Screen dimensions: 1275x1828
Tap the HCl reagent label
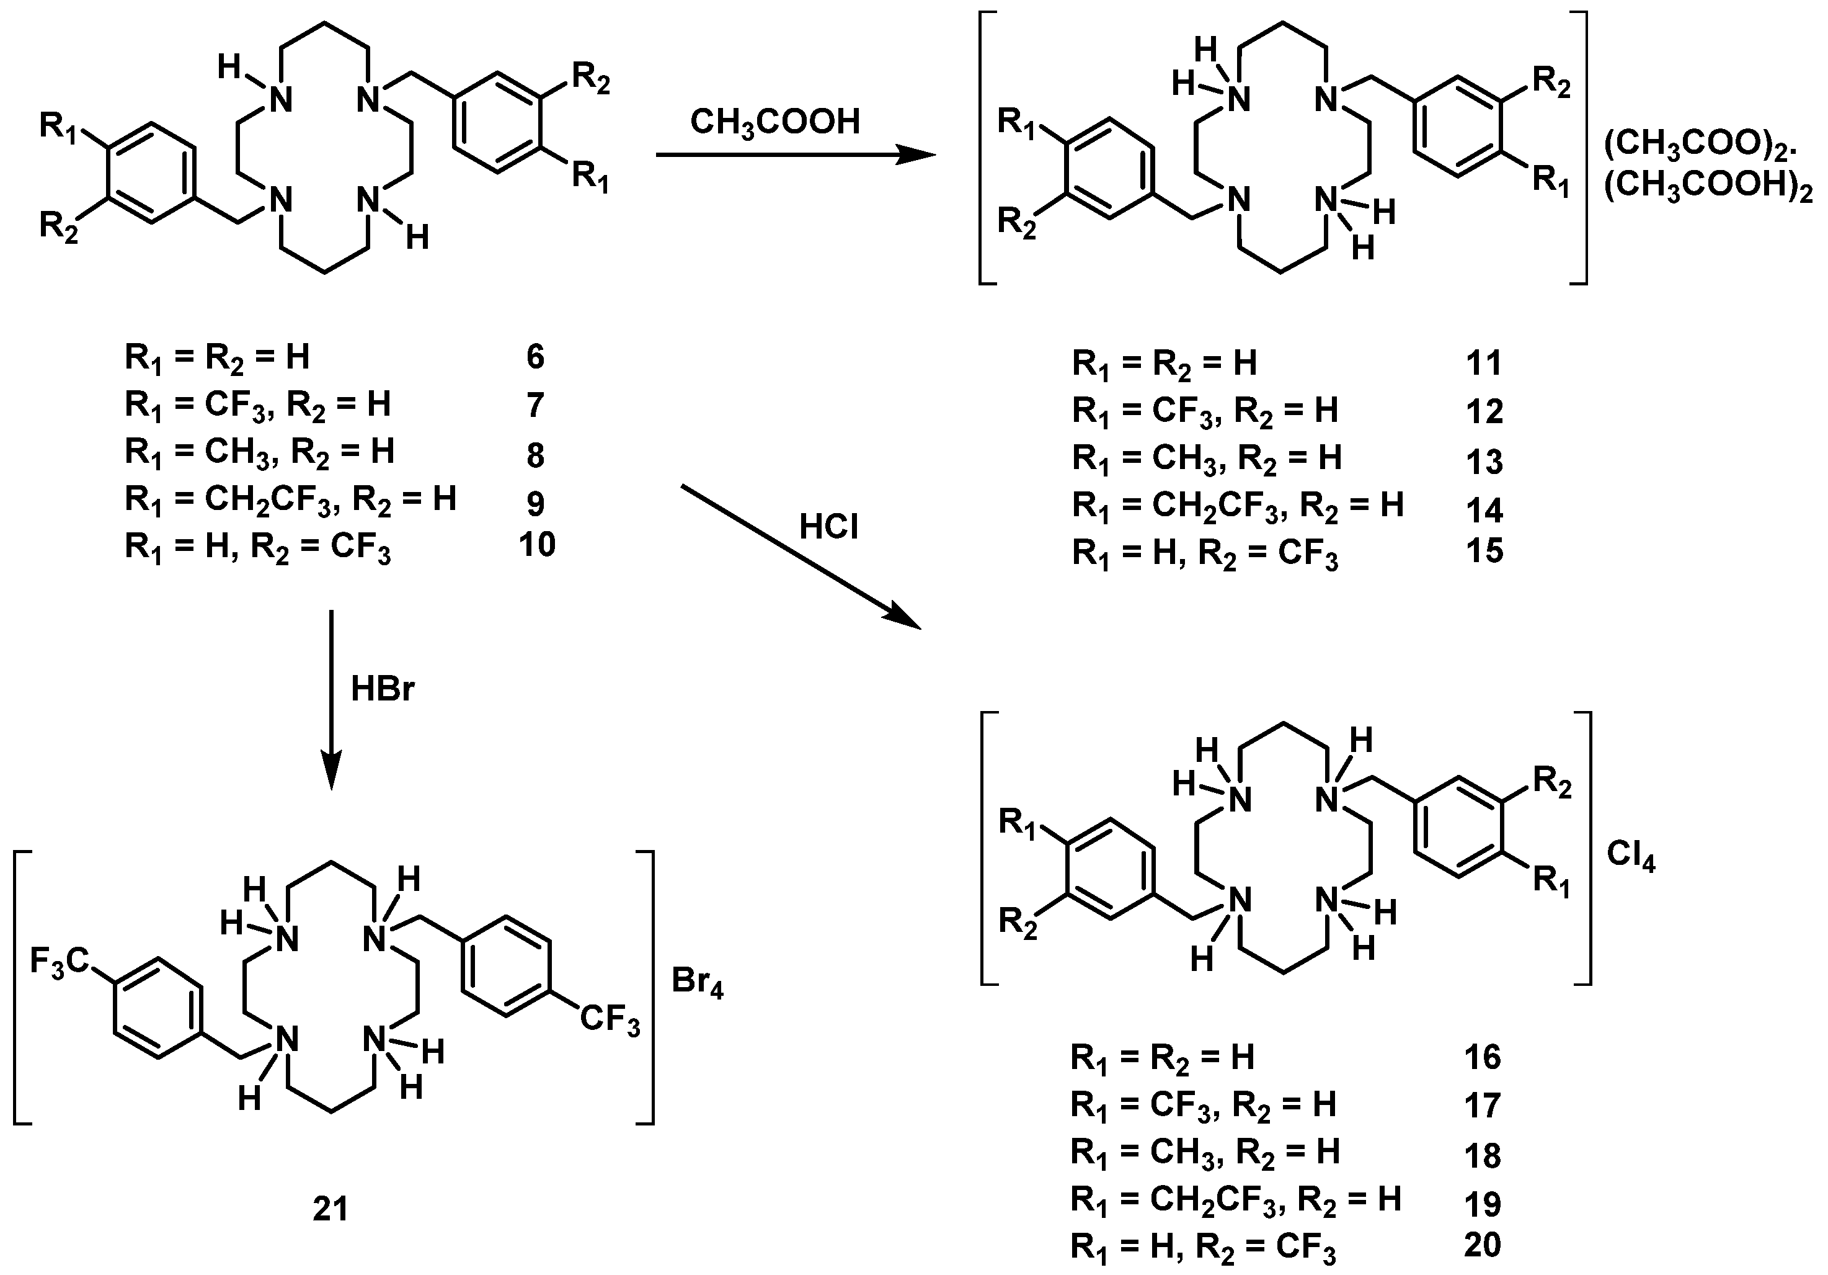click(x=829, y=527)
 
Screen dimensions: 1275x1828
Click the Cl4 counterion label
click(x=1631, y=856)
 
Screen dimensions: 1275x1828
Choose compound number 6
click(x=535, y=357)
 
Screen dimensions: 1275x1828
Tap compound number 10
click(x=536, y=545)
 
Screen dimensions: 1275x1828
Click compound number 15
click(x=1484, y=551)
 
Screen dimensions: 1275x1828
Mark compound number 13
click(x=1484, y=460)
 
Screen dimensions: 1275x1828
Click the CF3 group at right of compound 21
click(x=610, y=1021)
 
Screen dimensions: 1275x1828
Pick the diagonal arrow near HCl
click(x=800, y=558)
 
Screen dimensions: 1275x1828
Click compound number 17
click(x=1483, y=1106)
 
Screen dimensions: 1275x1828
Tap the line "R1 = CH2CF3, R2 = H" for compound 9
click(x=291, y=500)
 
